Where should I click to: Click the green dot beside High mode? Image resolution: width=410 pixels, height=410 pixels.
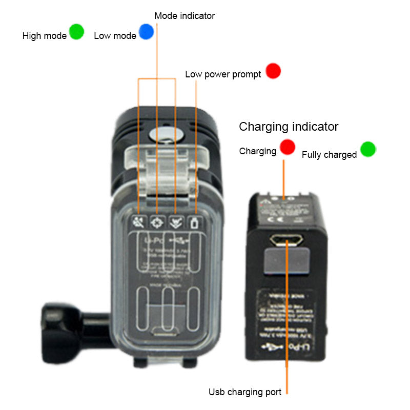click(x=76, y=32)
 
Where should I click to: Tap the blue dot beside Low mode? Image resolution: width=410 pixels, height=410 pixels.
click(x=146, y=32)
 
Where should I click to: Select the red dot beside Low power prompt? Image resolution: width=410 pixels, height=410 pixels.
click(x=273, y=71)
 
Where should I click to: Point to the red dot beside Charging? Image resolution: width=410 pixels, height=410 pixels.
click(x=288, y=147)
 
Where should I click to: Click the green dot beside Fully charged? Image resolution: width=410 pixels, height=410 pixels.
click(x=367, y=149)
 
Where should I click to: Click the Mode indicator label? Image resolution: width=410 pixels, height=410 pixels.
click(x=184, y=16)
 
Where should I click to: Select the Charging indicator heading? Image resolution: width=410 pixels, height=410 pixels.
click(x=289, y=127)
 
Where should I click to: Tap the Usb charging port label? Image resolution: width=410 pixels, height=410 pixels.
click(x=244, y=392)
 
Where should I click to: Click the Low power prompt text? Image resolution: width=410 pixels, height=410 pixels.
click(x=223, y=75)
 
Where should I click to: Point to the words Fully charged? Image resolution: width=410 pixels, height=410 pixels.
click(x=329, y=155)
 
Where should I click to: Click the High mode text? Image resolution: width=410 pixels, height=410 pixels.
click(x=45, y=36)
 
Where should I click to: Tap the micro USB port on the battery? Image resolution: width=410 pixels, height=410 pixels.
click(x=288, y=240)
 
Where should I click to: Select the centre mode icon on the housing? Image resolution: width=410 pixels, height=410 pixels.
click(x=156, y=222)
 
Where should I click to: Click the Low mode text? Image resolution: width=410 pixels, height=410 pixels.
click(x=115, y=36)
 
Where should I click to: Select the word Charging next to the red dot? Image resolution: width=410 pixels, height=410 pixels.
click(x=258, y=152)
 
